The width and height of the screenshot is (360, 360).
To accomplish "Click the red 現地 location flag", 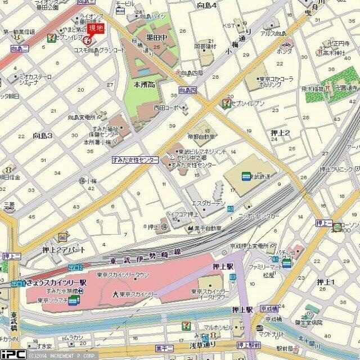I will click(93, 29).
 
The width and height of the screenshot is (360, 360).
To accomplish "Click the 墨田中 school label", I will click(156, 37).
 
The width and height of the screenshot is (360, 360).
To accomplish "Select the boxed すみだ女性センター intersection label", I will click(135, 160).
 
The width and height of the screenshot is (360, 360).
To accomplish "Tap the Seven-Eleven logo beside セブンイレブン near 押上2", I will click(226, 102).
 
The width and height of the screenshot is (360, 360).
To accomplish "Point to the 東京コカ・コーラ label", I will click(275, 79).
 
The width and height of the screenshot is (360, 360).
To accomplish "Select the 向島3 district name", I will click(42, 136).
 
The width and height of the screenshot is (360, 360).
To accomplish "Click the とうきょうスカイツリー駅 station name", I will click(55, 281).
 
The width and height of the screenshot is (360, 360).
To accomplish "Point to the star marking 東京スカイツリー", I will click(115, 294).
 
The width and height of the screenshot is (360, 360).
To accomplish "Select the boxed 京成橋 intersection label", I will click(269, 309).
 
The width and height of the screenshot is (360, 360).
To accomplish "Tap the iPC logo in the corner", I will click(12, 354).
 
